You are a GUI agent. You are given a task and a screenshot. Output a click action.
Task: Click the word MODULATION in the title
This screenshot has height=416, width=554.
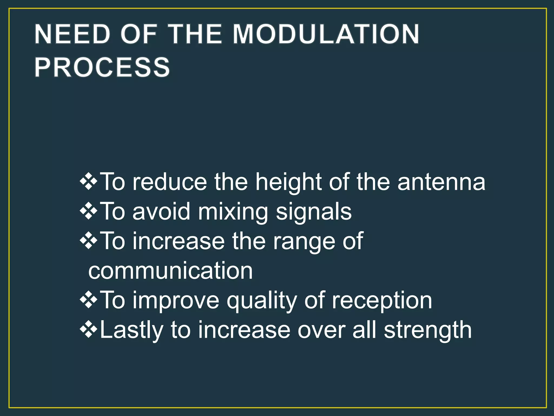tap(326, 34)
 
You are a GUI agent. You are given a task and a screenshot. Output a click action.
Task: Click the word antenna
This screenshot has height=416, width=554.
tap(441, 182)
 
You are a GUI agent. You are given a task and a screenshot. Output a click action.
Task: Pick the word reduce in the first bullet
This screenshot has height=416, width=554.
tap(170, 182)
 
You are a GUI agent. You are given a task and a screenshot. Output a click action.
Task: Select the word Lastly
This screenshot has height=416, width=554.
tap(131, 331)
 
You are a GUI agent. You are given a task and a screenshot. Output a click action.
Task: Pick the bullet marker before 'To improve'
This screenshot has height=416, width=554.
tap(88, 300)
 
